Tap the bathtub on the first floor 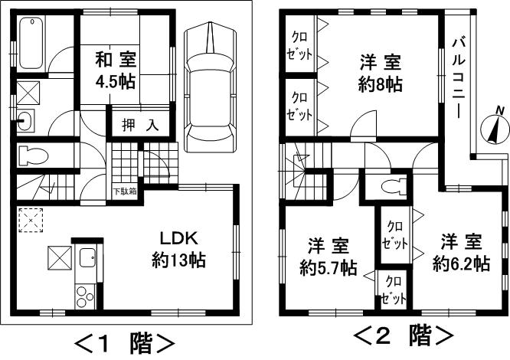pyautogui.click(x=32, y=42)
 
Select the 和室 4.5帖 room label pyautogui.click(x=116, y=69)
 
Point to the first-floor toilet pyautogui.click(x=32, y=155)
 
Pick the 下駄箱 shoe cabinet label pyautogui.click(x=126, y=191)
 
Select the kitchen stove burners pyautogui.click(x=83, y=295)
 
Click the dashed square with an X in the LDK pyautogui.click(x=31, y=221)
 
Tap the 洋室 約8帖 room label pyautogui.click(x=381, y=72)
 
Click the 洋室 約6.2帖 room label pyautogui.click(x=460, y=253)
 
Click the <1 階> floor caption pyautogui.click(x=123, y=341)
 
